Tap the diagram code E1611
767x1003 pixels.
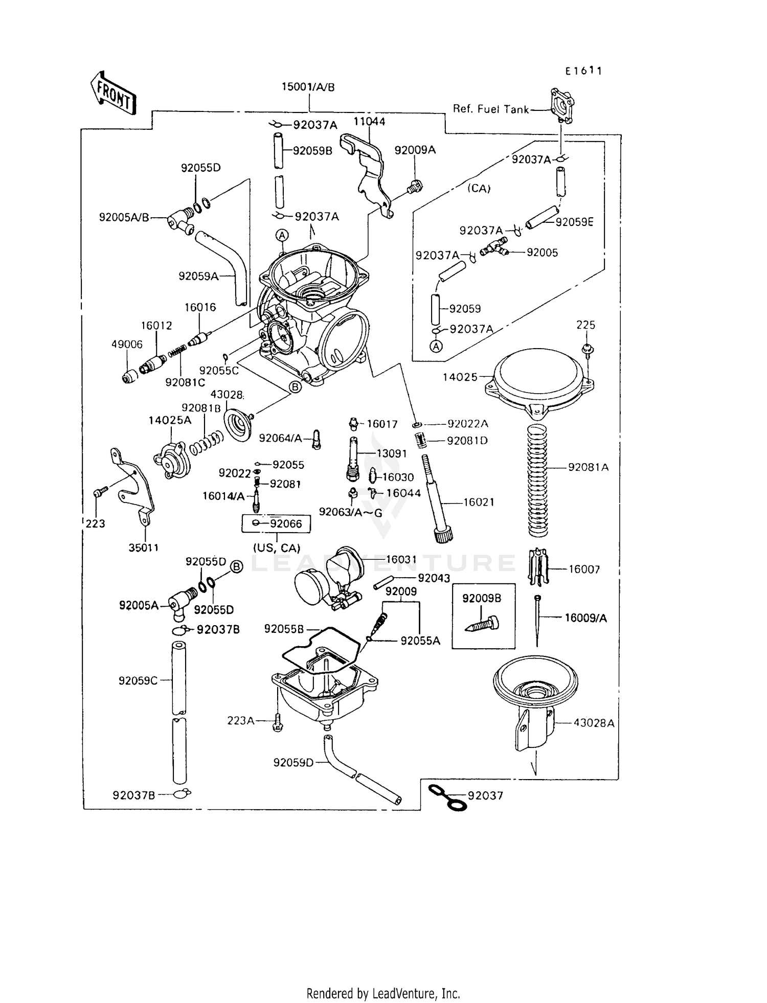pos(583,71)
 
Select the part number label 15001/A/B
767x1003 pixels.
pos(308,87)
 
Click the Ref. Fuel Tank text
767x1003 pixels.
pos(490,109)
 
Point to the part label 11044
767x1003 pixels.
pos(369,122)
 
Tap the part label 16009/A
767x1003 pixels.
pos(585,618)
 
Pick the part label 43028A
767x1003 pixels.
pos(594,723)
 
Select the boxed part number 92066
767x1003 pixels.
pos(285,524)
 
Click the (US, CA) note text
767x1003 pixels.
pos(276,548)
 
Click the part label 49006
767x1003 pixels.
pos(127,345)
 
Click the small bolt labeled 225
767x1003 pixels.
pos(587,349)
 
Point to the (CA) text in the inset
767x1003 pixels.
pos(479,188)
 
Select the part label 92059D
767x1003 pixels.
pos(293,763)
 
